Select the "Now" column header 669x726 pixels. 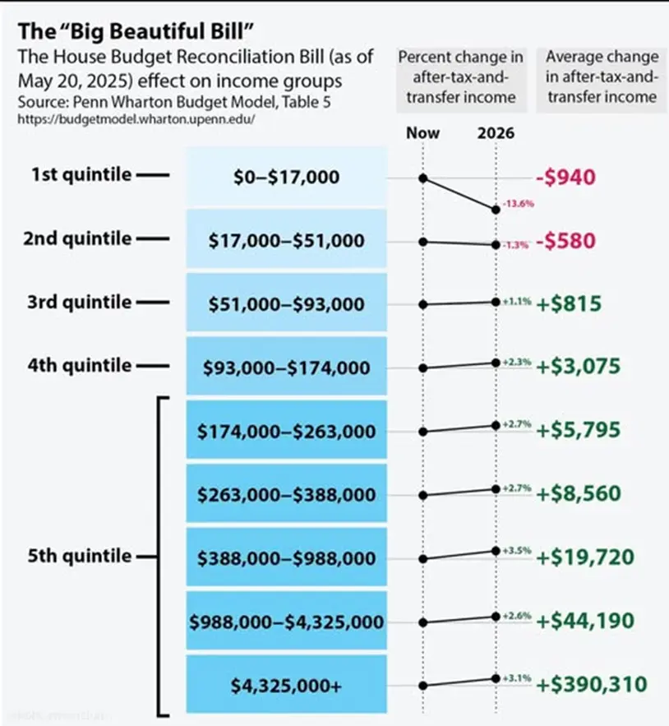click(422, 132)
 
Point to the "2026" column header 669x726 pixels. click(496, 132)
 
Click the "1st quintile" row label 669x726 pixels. click(81, 175)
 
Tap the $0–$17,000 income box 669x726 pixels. click(287, 178)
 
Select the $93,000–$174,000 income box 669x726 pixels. click(287, 368)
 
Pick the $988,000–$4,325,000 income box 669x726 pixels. click(287, 622)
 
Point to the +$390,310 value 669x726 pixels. click(592, 684)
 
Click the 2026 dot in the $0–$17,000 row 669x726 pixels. click(496, 210)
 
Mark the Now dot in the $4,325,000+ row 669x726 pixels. click(422, 685)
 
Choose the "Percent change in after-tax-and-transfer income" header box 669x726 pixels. click(461, 76)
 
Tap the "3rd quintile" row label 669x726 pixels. click(81, 303)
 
